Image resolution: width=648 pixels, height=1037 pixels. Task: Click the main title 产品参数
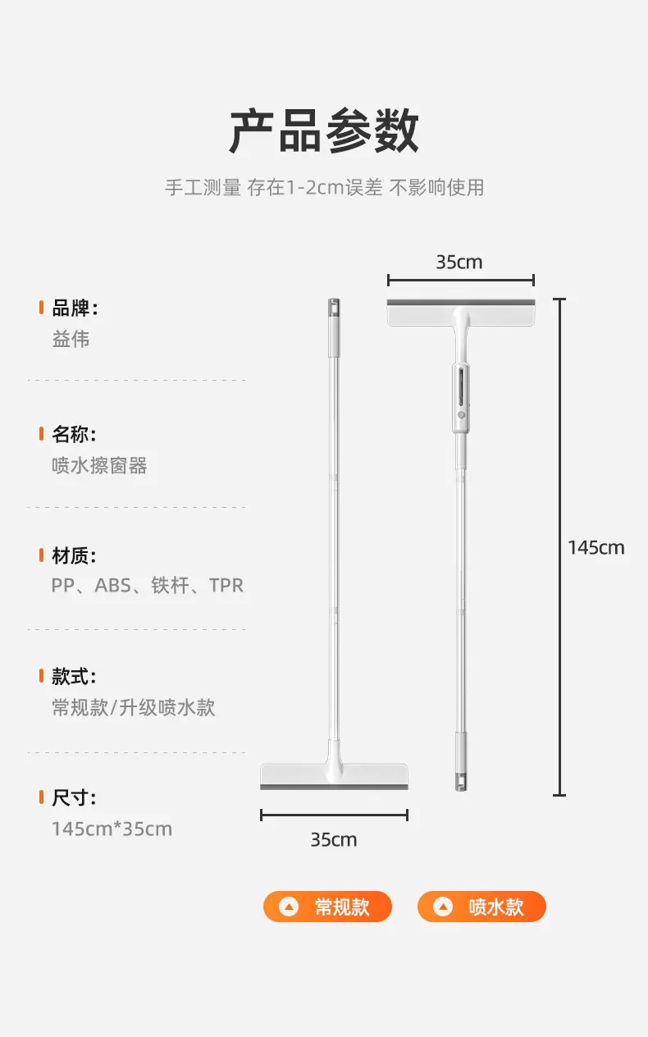tap(324, 130)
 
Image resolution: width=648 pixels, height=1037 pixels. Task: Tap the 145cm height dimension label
tap(596, 548)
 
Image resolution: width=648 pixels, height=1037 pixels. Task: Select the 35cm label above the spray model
tap(459, 263)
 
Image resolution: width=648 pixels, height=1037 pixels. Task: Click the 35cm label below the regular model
tap(334, 840)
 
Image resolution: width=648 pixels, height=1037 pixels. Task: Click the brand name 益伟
tap(71, 339)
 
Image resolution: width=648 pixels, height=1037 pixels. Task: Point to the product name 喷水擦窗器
tap(99, 465)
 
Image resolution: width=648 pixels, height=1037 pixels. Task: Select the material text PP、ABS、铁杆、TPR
tap(147, 585)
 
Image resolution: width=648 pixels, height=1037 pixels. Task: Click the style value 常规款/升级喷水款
tap(134, 707)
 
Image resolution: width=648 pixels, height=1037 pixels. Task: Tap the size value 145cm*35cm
tap(112, 829)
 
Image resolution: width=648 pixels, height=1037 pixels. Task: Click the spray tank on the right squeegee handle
tap(461, 398)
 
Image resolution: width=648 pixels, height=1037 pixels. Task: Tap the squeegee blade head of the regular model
tap(334, 776)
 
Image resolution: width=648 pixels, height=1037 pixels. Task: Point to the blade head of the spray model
tap(461, 313)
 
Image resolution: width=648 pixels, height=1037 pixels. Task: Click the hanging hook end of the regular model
tap(334, 308)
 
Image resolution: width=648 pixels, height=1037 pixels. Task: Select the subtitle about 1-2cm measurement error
tap(325, 188)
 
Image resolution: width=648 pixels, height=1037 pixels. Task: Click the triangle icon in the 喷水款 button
tap(443, 907)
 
